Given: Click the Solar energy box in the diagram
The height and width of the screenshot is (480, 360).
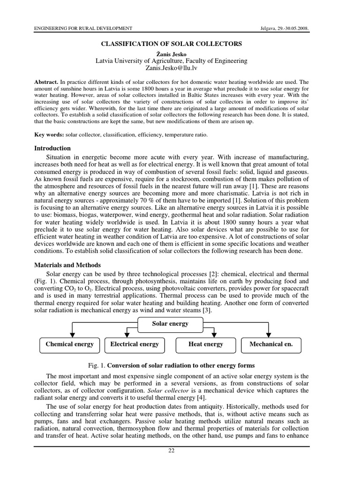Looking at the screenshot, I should click(x=170, y=323).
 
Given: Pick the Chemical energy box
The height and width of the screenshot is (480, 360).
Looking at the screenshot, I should click(x=69, y=344).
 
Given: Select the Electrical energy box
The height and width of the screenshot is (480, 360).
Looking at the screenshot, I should click(x=135, y=344).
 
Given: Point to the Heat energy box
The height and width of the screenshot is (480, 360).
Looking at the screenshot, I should click(x=206, y=344).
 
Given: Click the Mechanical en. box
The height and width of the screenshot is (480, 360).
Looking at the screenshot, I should click(x=271, y=344).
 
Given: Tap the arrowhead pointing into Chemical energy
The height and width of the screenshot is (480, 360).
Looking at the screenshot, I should click(x=72, y=335).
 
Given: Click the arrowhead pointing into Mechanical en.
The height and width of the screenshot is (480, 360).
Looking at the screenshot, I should click(x=269, y=335).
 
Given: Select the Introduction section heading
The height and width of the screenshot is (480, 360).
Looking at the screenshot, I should click(x=52, y=148).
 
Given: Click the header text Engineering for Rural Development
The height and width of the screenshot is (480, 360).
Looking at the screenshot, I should click(x=83, y=29).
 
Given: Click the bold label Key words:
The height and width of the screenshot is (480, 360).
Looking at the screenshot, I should click(x=49, y=135).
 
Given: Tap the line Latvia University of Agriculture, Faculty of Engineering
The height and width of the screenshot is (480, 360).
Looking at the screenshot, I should click(x=172, y=60).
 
